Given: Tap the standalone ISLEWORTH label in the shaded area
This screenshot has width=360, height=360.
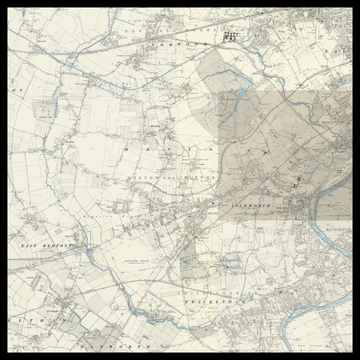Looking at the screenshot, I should pyautogui.click(x=252, y=204).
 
